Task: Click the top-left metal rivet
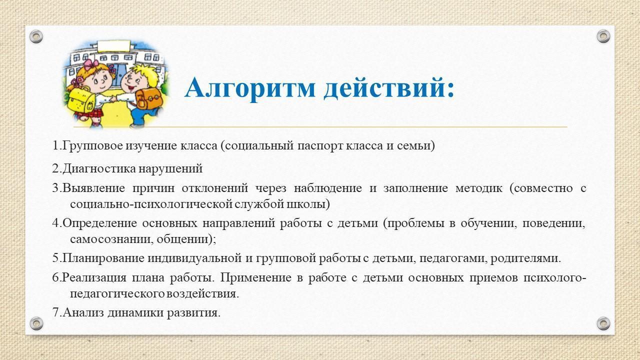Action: coord(36,37)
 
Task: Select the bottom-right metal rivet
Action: coord(603,323)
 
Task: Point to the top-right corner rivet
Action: coord(603,36)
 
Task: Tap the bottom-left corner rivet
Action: coord(36,323)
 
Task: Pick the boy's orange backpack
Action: coord(149,99)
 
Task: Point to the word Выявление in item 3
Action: coord(93,188)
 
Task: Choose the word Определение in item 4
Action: coord(99,223)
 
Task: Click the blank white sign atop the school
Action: coord(113,46)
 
